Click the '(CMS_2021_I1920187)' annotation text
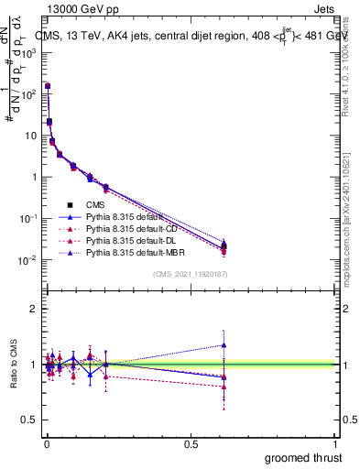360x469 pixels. coord(190,274)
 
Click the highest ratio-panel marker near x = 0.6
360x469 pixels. coord(326,345)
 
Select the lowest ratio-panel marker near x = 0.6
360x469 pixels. coord(326,387)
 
